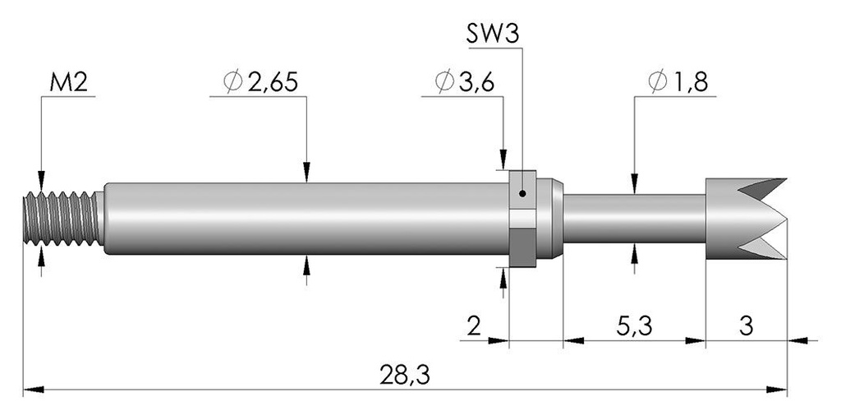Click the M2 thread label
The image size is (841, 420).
click(69, 83)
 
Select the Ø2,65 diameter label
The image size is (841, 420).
click(260, 82)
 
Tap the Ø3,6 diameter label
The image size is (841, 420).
click(465, 82)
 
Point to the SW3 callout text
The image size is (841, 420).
click(493, 35)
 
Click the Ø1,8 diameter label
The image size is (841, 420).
click(678, 82)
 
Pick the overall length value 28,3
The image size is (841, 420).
click(405, 376)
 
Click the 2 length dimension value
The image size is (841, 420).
click(474, 326)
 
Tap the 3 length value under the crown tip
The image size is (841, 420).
click(746, 326)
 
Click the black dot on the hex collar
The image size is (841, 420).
click(523, 194)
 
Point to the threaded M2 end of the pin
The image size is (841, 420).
click(63, 219)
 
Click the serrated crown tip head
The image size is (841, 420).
click(746, 219)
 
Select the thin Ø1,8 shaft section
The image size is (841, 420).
click(634, 219)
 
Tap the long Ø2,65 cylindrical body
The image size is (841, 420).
click(306, 219)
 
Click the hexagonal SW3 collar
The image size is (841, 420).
click(522, 219)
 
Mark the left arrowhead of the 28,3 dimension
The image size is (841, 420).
click(33, 390)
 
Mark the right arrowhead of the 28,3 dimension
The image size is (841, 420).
click(777, 390)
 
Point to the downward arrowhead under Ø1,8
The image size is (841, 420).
click(635, 183)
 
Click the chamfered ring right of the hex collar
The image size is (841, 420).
click(549, 219)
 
